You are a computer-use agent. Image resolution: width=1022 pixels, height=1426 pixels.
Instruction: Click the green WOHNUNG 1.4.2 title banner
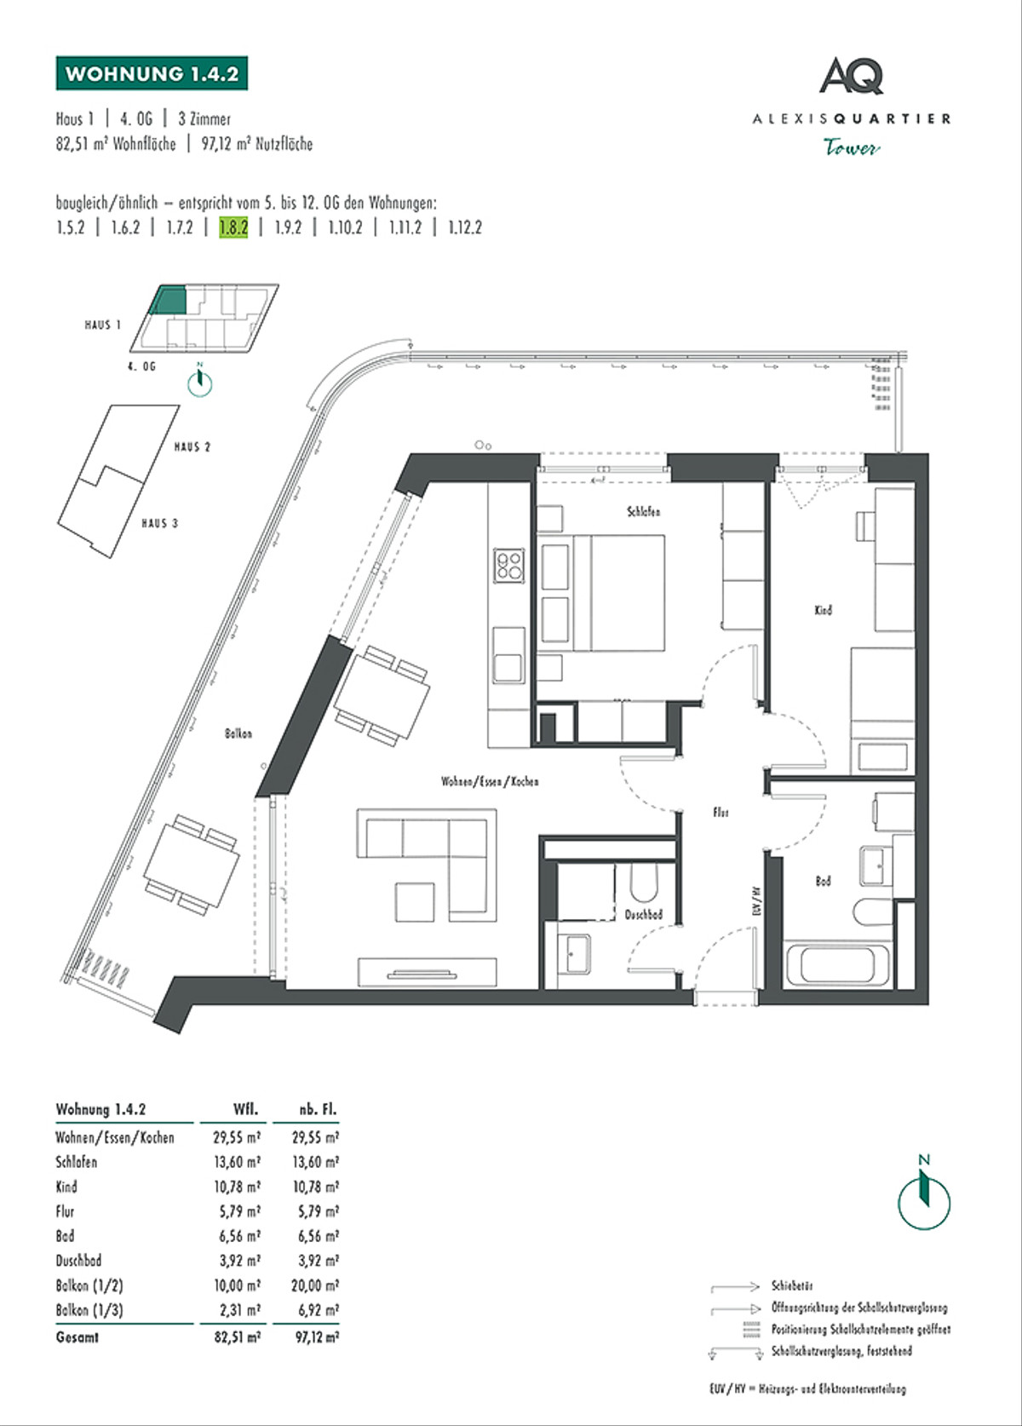pyautogui.click(x=152, y=74)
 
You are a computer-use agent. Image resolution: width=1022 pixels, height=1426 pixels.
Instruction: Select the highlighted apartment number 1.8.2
pyautogui.click(x=233, y=227)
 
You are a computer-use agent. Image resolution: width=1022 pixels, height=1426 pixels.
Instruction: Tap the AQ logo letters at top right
pyautogui.click(x=851, y=77)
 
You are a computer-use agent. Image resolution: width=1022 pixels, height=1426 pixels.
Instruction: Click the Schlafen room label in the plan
pyautogui.click(x=643, y=512)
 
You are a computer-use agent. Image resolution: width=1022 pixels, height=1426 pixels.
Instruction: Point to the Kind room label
pyautogui.click(x=823, y=610)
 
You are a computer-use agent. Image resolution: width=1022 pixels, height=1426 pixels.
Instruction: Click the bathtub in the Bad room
pyautogui.click(x=839, y=965)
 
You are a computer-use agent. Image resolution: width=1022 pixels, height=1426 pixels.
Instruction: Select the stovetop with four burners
pyautogui.click(x=509, y=565)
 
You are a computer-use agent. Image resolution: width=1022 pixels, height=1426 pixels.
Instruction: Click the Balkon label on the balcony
pyautogui.click(x=238, y=733)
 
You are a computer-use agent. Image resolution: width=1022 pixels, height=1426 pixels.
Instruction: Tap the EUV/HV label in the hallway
pyautogui.click(x=755, y=900)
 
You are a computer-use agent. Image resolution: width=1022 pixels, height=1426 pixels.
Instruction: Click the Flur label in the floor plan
pyautogui.click(x=721, y=813)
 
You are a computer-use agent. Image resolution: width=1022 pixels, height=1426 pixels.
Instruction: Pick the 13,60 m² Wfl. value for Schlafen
pyautogui.click(x=237, y=1162)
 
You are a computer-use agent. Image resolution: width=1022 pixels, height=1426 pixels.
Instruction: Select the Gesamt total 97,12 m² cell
pyautogui.click(x=317, y=1337)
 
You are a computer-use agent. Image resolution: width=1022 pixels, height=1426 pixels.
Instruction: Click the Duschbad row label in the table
pyautogui.click(x=79, y=1261)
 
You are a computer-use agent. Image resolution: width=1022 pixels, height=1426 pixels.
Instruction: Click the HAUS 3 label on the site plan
pyautogui.click(x=160, y=523)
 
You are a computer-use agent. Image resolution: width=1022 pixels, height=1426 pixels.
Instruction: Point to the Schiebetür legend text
pyautogui.click(x=792, y=1285)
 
